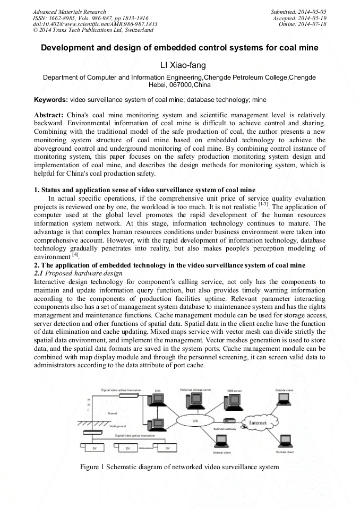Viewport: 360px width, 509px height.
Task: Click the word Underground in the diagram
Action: coord(117,426)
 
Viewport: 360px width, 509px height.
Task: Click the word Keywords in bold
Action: coord(50,100)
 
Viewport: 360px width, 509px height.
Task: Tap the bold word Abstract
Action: coord(49,115)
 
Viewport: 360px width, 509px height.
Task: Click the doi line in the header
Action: coord(95,24)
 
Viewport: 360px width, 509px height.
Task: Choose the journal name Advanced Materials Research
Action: coord(69,12)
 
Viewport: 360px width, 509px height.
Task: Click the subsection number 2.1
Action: coord(40,273)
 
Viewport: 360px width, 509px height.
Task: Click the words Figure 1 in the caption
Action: coord(93,467)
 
